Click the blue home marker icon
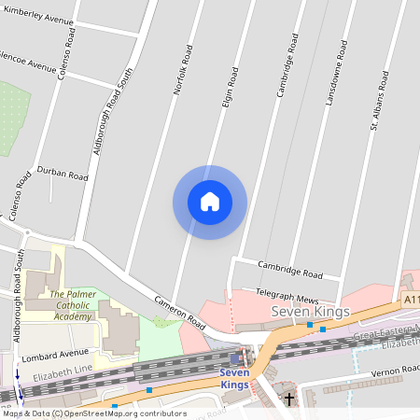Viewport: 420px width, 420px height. click(210, 202)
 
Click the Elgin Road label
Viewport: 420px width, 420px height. click(226, 90)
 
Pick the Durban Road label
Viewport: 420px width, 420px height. click(63, 175)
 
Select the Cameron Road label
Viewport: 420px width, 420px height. click(180, 311)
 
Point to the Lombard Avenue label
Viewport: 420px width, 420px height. click(54, 356)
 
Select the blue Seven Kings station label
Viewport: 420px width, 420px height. click(234, 379)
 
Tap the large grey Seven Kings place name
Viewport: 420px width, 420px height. click(310, 311)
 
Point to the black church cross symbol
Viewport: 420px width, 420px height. click(288, 399)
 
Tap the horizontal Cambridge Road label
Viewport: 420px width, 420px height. click(290, 273)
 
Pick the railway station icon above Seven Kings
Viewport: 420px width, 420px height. click(234, 358)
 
